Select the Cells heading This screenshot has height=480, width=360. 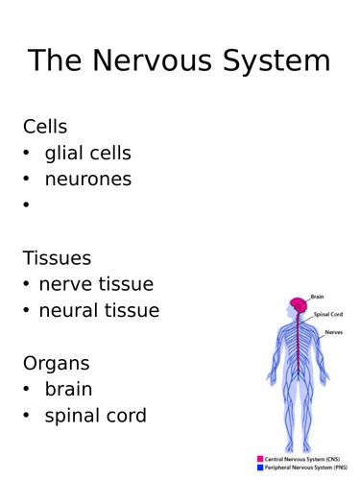click(x=46, y=125)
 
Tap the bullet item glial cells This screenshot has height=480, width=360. click(x=88, y=152)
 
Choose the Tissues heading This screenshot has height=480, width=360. click(x=58, y=257)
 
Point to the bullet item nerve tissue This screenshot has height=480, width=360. click(x=96, y=284)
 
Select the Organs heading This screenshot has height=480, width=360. click(x=57, y=363)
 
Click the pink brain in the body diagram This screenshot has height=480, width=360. click(x=300, y=305)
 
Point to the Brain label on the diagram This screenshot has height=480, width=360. click(x=319, y=297)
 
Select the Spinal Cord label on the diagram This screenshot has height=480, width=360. click(x=330, y=314)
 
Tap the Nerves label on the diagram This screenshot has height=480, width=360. click(x=333, y=331)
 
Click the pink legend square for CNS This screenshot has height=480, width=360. click(x=260, y=459)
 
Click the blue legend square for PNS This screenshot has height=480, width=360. click(x=260, y=468)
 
